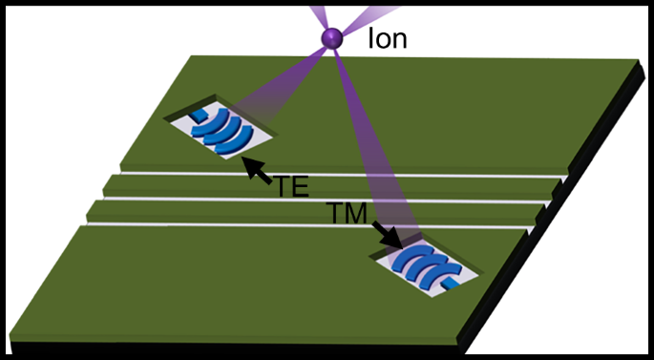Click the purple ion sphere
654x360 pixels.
[x=331, y=38]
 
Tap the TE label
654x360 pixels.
[x=291, y=185]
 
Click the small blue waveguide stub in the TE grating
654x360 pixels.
[x=198, y=115]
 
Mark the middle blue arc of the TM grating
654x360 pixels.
[x=426, y=266]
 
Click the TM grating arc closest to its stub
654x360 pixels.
[x=441, y=275]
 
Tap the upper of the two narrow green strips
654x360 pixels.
[x=325, y=188]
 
